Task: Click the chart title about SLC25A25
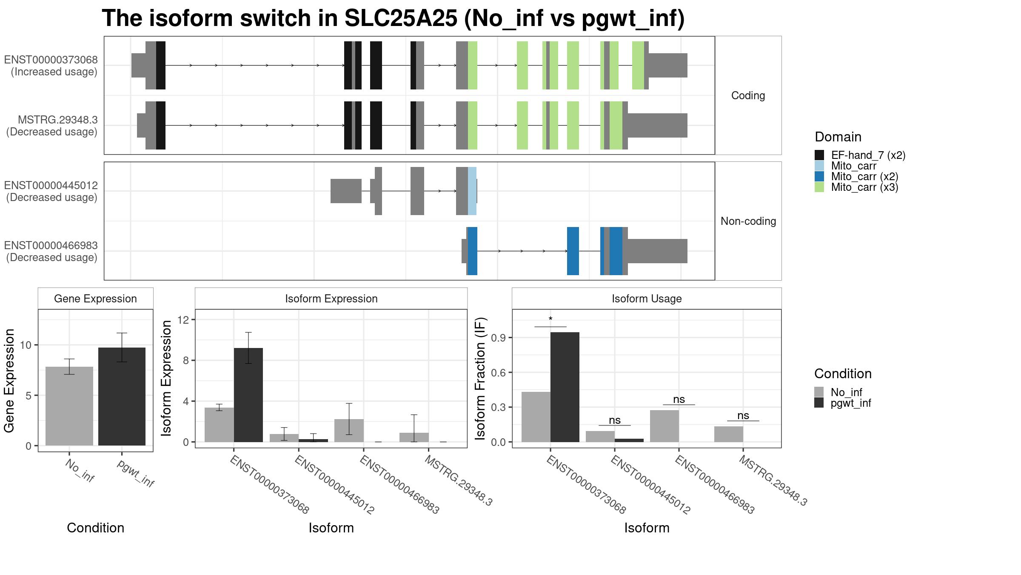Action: pos(393,18)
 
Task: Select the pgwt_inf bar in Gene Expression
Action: pos(122,397)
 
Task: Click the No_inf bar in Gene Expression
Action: pos(69,406)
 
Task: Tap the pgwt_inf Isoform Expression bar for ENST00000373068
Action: pos(248,395)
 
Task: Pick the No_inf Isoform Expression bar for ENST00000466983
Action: pos(349,431)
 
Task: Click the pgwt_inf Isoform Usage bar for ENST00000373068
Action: pos(565,387)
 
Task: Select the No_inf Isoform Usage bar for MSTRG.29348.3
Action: pos(729,434)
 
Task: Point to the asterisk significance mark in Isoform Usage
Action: pos(550,319)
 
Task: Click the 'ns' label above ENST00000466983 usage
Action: pos(679,399)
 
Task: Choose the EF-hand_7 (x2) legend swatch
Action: pos(819,155)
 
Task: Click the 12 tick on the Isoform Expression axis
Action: pos(184,319)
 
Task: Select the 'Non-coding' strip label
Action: pos(748,221)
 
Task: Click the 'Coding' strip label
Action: pos(748,95)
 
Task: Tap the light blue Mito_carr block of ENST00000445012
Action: pos(472,191)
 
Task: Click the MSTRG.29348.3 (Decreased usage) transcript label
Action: pos(52,126)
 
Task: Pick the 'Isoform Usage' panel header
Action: pos(647,299)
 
